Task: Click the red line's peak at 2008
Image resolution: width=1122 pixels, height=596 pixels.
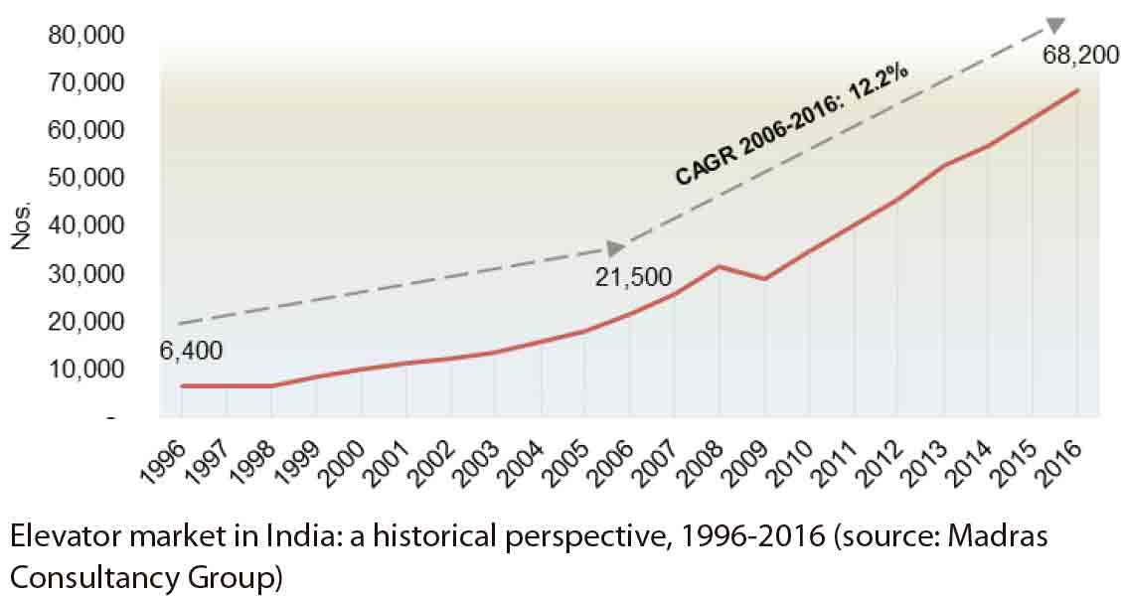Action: (720, 266)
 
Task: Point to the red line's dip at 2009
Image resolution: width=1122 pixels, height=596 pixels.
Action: (763, 279)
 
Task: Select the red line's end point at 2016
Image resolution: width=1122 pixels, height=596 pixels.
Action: (1077, 90)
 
